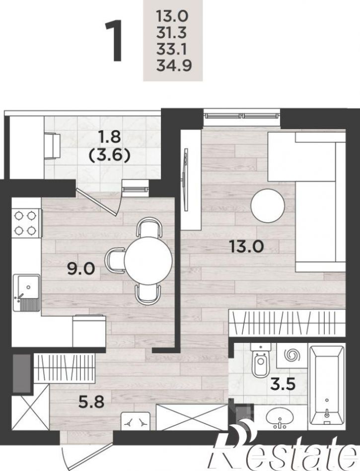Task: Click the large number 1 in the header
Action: pyautogui.click(x=115, y=41)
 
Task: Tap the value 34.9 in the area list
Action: pyautogui.click(x=174, y=66)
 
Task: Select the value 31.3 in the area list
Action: pyautogui.click(x=171, y=32)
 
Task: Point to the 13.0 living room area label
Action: pyautogui.click(x=246, y=246)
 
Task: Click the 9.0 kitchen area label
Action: pyautogui.click(x=81, y=268)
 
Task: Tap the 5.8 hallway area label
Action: pyautogui.click(x=91, y=402)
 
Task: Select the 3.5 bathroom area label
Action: pyautogui.click(x=283, y=384)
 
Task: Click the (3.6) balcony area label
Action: pyautogui.click(x=109, y=156)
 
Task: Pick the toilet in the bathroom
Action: pyautogui.click(x=261, y=360)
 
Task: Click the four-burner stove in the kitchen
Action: pyautogui.click(x=26, y=223)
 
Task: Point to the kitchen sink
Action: pyautogui.click(x=26, y=292)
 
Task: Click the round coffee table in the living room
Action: pyautogui.click(x=268, y=206)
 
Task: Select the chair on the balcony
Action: pyautogui.click(x=53, y=146)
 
